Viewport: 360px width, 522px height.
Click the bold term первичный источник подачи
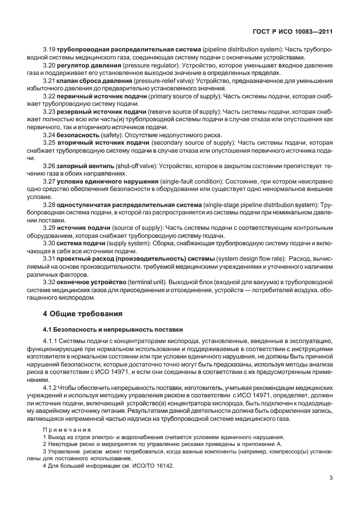(98, 96)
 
